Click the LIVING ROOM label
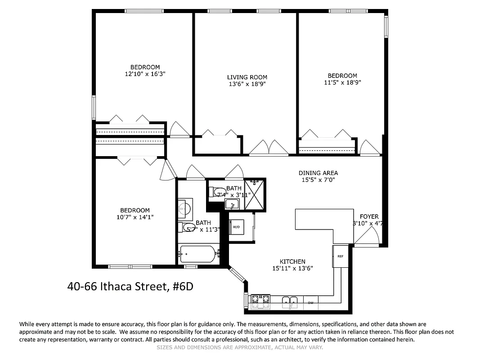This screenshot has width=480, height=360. pyautogui.click(x=247, y=77)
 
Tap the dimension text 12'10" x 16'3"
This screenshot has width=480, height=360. pyautogui.click(x=142, y=74)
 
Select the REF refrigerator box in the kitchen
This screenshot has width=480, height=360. pyautogui.click(x=341, y=256)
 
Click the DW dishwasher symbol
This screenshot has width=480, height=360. pyautogui.click(x=310, y=303)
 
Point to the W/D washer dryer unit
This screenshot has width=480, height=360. pyautogui.click(x=236, y=227)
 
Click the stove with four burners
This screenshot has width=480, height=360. pyautogui.click(x=260, y=301)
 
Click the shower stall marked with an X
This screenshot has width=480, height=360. pyautogui.click(x=255, y=194)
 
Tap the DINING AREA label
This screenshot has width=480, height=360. pyautogui.click(x=318, y=173)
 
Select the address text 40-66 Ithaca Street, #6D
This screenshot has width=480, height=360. pyautogui.click(x=130, y=286)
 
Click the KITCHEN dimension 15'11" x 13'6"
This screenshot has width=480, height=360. pyautogui.click(x=292, y=268)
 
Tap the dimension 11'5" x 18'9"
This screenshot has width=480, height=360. pyautogui.click(x=342, y=82)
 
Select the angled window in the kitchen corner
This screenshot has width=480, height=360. pyautogui.click(x=237, y=274)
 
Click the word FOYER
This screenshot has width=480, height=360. pyautogui.click(x=369, y=216)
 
